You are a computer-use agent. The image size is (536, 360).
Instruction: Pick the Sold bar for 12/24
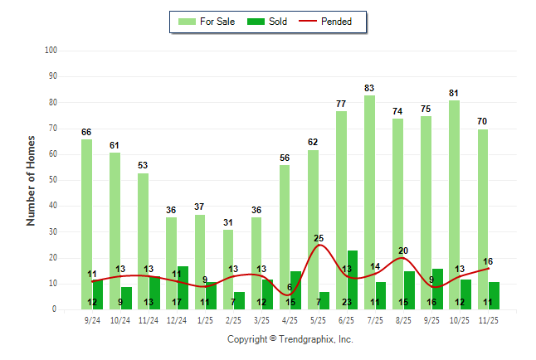(183, 287)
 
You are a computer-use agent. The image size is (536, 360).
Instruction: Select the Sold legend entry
(270, 22)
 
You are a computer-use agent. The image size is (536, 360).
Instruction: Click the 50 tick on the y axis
(52, 180)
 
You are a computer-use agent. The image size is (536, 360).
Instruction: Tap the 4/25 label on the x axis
(290, 320)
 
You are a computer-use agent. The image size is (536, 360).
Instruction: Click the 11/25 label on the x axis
(488, 320)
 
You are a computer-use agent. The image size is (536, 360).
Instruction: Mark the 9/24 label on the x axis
(92, 320)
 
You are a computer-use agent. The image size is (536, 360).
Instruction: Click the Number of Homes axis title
(32, 180)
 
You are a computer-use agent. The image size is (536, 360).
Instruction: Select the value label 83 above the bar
(369, 88)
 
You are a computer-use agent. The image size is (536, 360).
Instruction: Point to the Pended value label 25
(319, 238)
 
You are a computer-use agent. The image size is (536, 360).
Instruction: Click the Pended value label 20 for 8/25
(403, 251)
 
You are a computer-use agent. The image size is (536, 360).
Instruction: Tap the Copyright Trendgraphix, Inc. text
(290, 339)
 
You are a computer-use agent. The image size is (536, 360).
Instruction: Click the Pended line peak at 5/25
(319, 246)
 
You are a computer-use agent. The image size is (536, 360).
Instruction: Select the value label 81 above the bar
(454, 93)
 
